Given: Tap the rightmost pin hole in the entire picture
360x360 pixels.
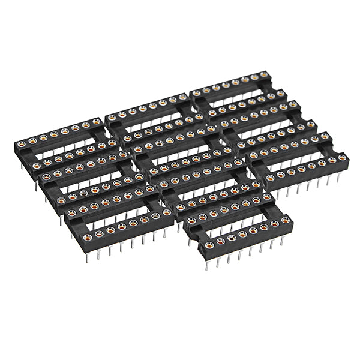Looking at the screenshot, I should pyautogui.click(x=341, y=158).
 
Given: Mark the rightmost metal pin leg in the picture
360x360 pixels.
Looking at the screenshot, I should pyautogui.click(x=340, y=175).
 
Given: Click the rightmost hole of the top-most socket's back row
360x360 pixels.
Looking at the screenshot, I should pyautogui.click(x=263, y=76).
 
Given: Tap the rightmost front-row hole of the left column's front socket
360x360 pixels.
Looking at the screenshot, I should pyautogui.click(x=167, y=212).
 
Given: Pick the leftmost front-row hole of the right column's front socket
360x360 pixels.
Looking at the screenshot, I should pyautogui.click(x=270, y=178).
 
